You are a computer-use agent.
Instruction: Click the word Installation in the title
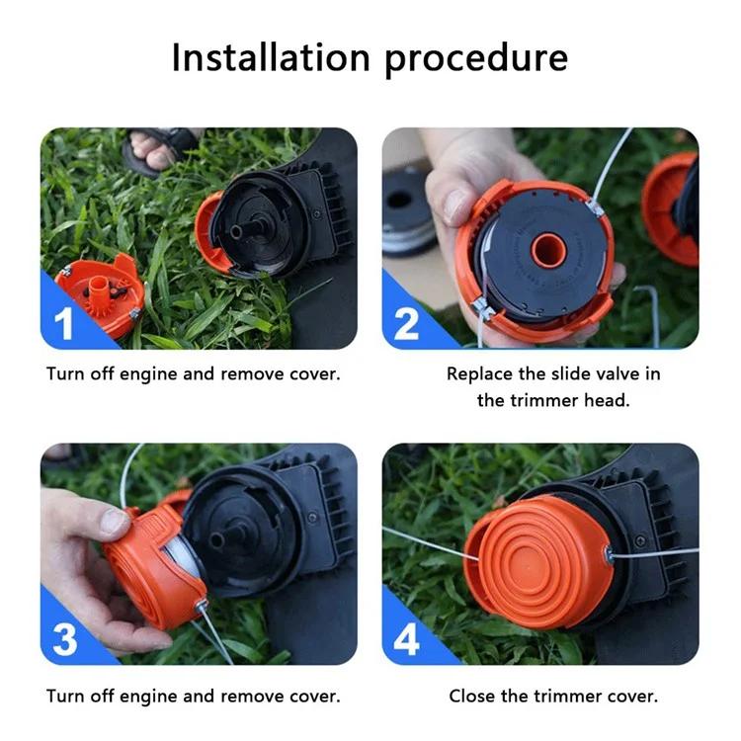tap(271, 57)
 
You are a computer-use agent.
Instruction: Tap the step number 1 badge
tap(63, 324)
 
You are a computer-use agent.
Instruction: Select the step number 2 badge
tap(406, 324)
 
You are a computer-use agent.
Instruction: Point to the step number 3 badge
tap(65, 639)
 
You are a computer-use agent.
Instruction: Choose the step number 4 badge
tap(406, 639)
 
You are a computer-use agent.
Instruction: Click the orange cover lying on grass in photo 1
tap(101, 293)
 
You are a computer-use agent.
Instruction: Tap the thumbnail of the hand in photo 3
tap(114, 521)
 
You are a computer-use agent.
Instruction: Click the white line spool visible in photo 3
tap(184, 557)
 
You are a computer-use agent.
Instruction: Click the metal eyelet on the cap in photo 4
tap(609, 554)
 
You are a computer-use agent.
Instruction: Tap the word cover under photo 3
tap(315, 698)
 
